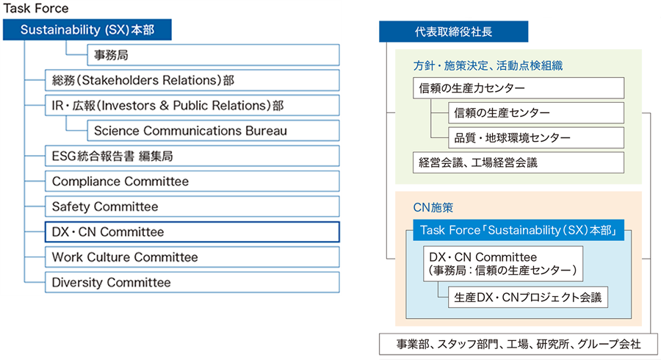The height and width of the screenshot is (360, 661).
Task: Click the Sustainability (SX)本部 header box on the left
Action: (87, 29)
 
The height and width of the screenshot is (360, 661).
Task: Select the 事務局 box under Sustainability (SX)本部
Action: (213, 55)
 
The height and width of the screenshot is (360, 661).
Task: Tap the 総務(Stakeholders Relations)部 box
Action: (192, 80)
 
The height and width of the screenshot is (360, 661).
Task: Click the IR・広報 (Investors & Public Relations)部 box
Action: (192, 105)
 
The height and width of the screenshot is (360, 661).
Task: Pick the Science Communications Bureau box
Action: (213, 131)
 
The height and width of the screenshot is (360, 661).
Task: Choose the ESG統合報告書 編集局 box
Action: (192, 156)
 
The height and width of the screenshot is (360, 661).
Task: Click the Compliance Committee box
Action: (192, 181)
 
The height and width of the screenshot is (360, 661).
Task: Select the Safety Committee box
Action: (192, 206)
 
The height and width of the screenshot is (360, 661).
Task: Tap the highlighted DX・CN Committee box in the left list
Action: (192, 232)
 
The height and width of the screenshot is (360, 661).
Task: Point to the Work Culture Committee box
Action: (192, 257)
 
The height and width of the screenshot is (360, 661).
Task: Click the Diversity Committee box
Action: (192, 282)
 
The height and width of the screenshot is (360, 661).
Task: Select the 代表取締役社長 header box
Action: (454, 32)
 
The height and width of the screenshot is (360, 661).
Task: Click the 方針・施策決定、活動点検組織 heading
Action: (488, 66)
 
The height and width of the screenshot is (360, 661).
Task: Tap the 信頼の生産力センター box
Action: (519, 88)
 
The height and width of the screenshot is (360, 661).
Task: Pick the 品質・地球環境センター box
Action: (536, 138)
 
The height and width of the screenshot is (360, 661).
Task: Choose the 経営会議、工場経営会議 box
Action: (519, 162)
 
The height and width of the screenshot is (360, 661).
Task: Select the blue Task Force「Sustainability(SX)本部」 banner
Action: (519, 230)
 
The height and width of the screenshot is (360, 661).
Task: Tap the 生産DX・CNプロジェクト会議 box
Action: (528, 298)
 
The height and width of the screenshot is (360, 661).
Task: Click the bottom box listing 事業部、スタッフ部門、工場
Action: (519, 344)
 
